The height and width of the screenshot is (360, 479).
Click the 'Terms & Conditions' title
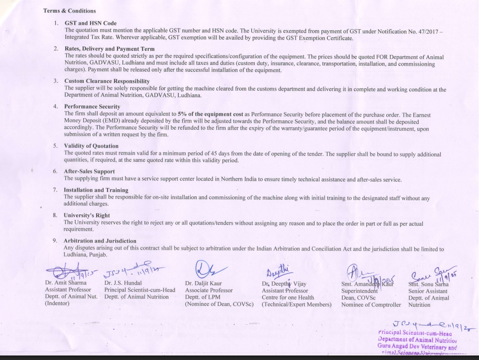[x=69, y=11]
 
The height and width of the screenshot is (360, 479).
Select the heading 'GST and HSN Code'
[x=90, y=23]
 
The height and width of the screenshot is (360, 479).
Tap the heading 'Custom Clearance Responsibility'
[x=107, y=81]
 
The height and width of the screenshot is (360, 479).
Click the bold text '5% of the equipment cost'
[x=210, y=114]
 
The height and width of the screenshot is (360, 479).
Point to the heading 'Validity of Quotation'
[x=91, y=146]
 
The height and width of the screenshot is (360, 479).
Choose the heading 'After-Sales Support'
[x=89, y=171]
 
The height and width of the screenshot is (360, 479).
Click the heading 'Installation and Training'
[x=96, y=190]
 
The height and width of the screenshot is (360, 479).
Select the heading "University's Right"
[x=86, y=215]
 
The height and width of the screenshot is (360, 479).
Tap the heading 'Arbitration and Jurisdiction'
[x=99, y=241]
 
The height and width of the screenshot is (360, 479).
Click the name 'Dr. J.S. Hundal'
[x=123, y=283]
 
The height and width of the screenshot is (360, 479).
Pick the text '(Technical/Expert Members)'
[x=297, y=305]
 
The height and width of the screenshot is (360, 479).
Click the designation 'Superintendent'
[x=359, y=291]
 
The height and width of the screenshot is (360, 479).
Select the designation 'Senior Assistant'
[x=428, y=291]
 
